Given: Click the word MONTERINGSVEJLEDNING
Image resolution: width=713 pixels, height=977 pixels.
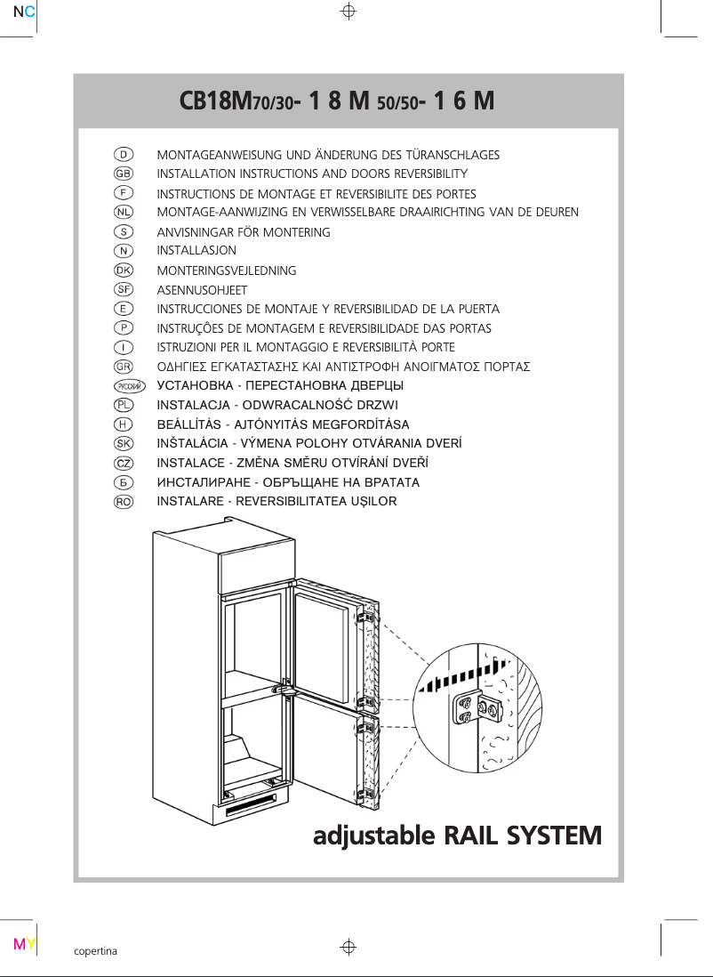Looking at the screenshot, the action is (x=227, y=270).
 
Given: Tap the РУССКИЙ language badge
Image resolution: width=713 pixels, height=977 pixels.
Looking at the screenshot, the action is (x=130, y=386).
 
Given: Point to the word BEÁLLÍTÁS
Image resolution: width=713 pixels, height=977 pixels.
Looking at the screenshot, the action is (x=189, y=424).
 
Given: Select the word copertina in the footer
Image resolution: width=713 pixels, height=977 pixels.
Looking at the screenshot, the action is (x=95, y=950).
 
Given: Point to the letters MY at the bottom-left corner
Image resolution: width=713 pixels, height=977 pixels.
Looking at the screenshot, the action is (x=24, y=943).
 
